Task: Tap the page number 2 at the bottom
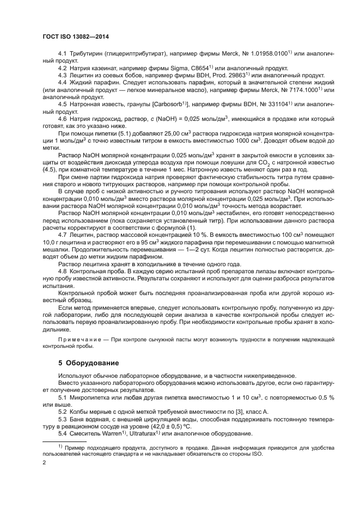click(44, 463)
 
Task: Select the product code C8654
click(183, 68)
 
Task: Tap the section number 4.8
click(62, 270)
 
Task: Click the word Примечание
click(82, 339)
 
